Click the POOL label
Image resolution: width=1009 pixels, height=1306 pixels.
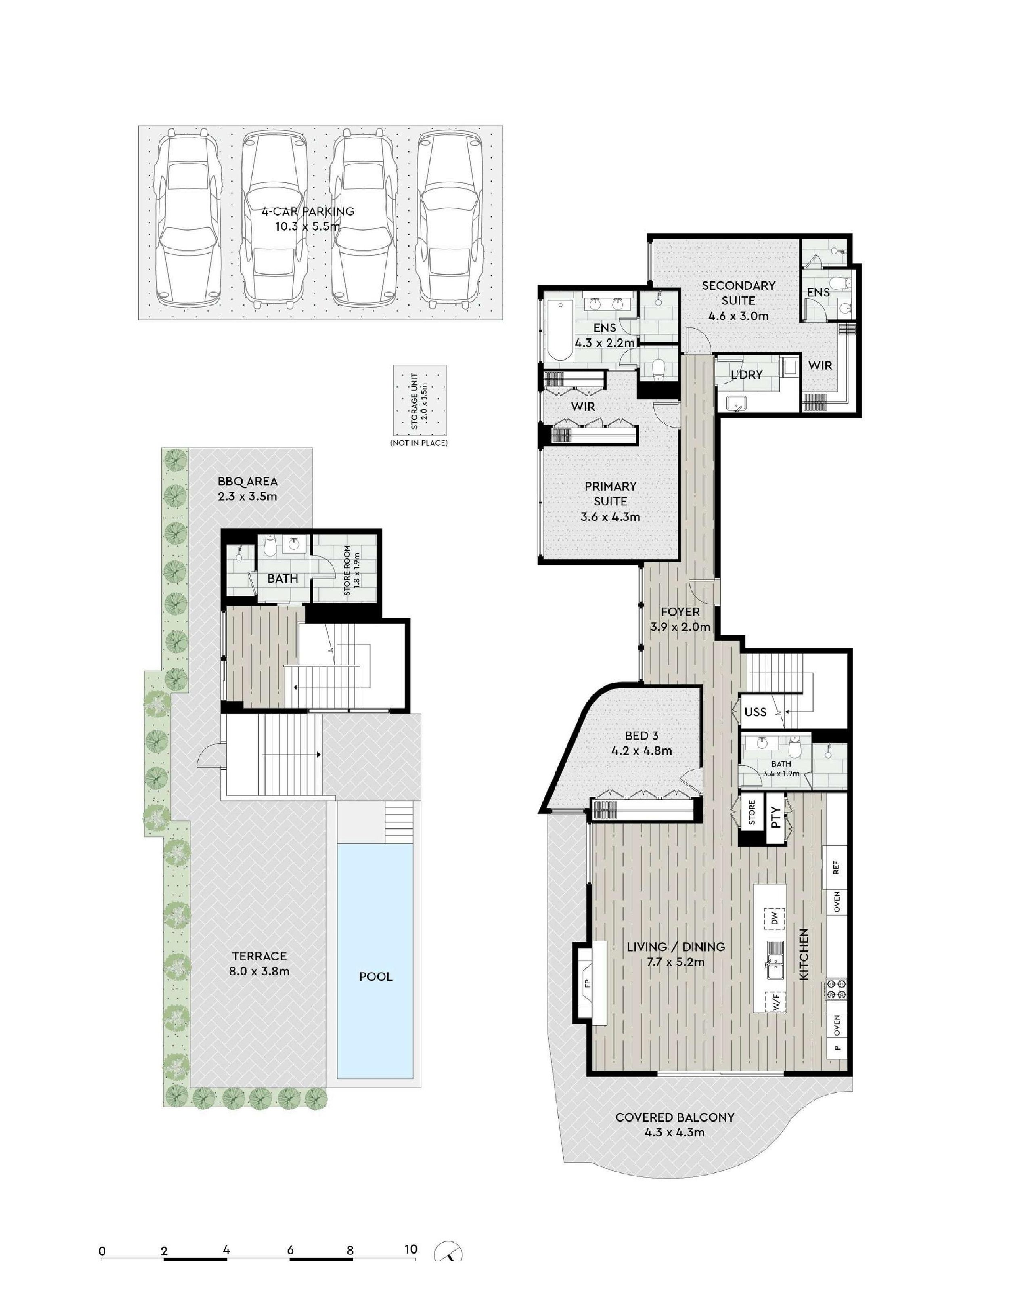(375, 977)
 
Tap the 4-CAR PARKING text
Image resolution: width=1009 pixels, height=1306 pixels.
(308, 211)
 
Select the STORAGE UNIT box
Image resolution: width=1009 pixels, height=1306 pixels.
(419, 400)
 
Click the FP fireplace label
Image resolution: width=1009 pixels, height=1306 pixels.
(587, 983)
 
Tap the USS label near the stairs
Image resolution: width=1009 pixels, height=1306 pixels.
(756, 712)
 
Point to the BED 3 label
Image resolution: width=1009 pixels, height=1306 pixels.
(641, 736)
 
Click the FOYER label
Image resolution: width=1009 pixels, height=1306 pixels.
(680, 612)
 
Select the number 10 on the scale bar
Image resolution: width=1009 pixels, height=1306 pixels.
(410, 1249)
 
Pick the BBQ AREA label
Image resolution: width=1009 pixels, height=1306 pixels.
(247, 481)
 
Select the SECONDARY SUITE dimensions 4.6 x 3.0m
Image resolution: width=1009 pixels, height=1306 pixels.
(739, 316)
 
